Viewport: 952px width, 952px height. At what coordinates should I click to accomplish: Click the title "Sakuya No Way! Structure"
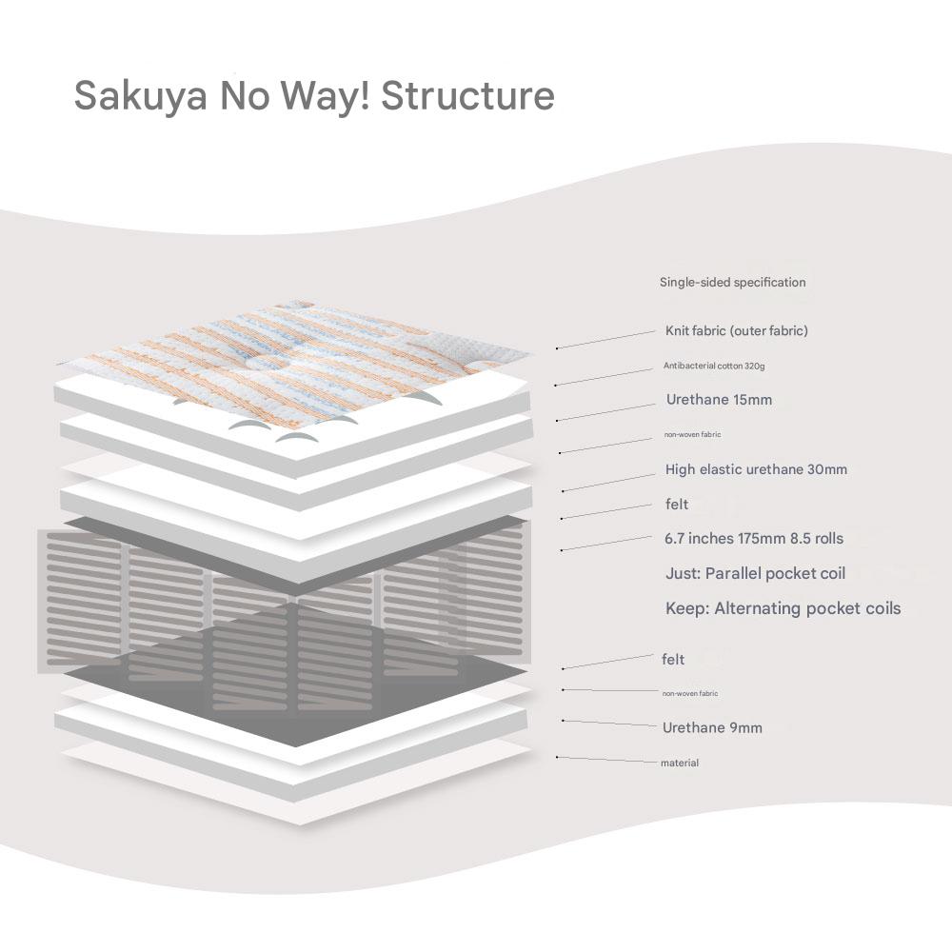314,96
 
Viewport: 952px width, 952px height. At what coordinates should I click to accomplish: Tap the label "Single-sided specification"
732,283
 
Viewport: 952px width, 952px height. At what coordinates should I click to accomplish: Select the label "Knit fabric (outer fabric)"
736,331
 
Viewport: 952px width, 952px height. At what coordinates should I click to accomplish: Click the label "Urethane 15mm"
719,400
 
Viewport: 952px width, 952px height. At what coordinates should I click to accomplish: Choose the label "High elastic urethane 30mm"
756,469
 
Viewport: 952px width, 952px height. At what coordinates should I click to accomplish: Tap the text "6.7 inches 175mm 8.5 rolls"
753,539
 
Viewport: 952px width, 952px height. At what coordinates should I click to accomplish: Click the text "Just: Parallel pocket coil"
755,574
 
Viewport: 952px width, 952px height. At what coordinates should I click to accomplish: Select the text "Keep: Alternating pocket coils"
782,608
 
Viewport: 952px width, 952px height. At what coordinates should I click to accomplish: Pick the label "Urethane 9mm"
712,728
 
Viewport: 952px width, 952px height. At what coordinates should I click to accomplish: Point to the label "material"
679,764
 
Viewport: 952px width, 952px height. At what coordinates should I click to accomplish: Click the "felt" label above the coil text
676,505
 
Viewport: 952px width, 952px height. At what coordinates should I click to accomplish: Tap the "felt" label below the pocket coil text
672,659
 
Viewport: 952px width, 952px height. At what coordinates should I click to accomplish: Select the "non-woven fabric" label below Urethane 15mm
692,435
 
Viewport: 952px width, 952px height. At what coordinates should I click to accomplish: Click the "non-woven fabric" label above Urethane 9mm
689,694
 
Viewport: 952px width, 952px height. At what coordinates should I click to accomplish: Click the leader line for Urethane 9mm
609,724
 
